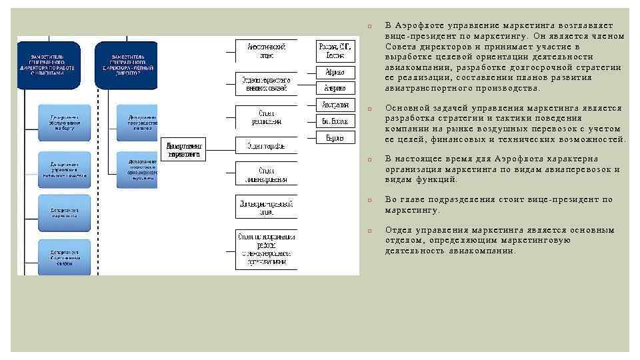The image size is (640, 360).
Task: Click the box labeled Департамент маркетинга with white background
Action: click(x=183, y=149)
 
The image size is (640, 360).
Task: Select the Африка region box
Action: click(x=335, y=72)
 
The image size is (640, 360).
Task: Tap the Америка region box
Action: click(x=335, y=88)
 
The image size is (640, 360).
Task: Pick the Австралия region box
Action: click(x=335, y=105)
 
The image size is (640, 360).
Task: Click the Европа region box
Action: click(x=335, y=137)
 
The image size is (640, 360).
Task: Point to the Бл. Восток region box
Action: click(x=335, y=121)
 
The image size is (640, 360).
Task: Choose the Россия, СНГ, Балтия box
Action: click(x=335, y=51)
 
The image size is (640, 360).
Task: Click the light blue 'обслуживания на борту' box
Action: click(x=65, y=122)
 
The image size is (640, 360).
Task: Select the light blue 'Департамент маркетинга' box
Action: click(x=65, y=211)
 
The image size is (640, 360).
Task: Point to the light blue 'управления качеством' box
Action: click(x=65, y=169)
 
